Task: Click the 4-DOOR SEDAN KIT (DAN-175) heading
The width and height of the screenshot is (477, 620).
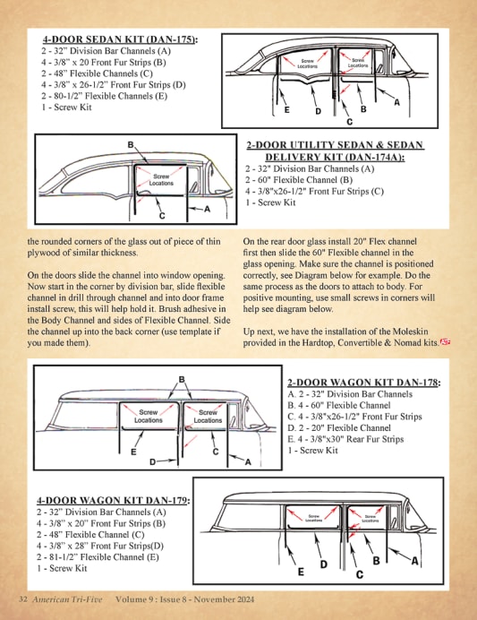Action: click(120, 39)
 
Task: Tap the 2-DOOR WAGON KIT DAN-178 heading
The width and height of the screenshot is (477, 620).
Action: click(363, 383)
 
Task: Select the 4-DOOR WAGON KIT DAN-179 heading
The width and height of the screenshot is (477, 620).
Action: click(113, 500)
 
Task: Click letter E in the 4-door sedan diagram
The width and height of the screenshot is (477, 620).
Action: click(287, 110)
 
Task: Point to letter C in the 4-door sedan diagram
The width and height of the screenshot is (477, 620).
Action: click(349, 122)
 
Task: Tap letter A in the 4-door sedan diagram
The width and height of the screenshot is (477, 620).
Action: click(396, 102)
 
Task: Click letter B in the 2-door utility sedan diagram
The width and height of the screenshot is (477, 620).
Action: click(131, 145)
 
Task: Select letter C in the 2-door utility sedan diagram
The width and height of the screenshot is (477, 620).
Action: click(162, 216)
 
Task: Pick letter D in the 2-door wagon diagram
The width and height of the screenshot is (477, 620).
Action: click(152, 461)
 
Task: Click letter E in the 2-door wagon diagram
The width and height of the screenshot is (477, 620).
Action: click(133, 452)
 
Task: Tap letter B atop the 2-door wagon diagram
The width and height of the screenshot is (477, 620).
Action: click(182, 379)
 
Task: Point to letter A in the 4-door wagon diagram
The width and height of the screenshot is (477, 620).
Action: click(414, 561)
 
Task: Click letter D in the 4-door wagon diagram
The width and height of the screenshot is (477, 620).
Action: click(324, 564)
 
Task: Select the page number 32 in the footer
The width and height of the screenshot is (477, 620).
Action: click(23, 599)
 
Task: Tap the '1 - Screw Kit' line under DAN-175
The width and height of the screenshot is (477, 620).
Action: click(66, 108)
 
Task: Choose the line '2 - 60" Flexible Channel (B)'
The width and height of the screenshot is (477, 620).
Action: click(299, 180)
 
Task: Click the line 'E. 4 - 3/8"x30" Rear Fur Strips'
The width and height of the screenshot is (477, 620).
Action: click(345, 439)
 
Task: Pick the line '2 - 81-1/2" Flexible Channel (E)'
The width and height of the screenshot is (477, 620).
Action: click(98, 557)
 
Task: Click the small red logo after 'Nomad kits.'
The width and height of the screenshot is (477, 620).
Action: click(446, 341)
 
